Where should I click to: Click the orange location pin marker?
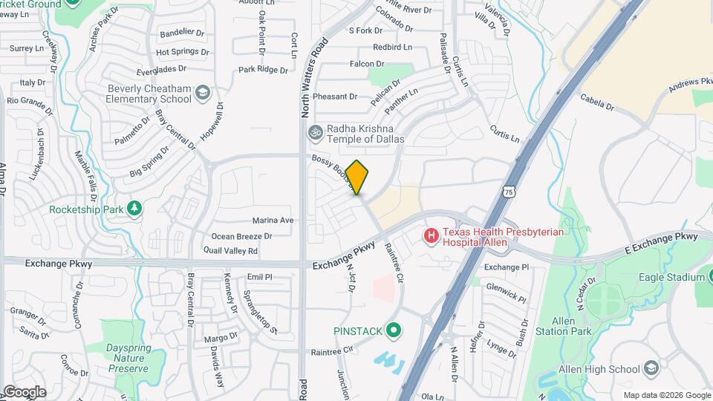[x=357, y=177]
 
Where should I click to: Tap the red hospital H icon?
[x=430, y=236]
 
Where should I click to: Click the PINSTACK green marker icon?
[x=394, y=330]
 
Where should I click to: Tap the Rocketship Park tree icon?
[x=134, y=209]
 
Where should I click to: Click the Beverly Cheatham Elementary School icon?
[x=203, y=94]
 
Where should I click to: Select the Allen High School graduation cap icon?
[x=651, y=368]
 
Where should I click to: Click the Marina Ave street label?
[x=273, y=221]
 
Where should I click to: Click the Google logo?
[x=25, y=391]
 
